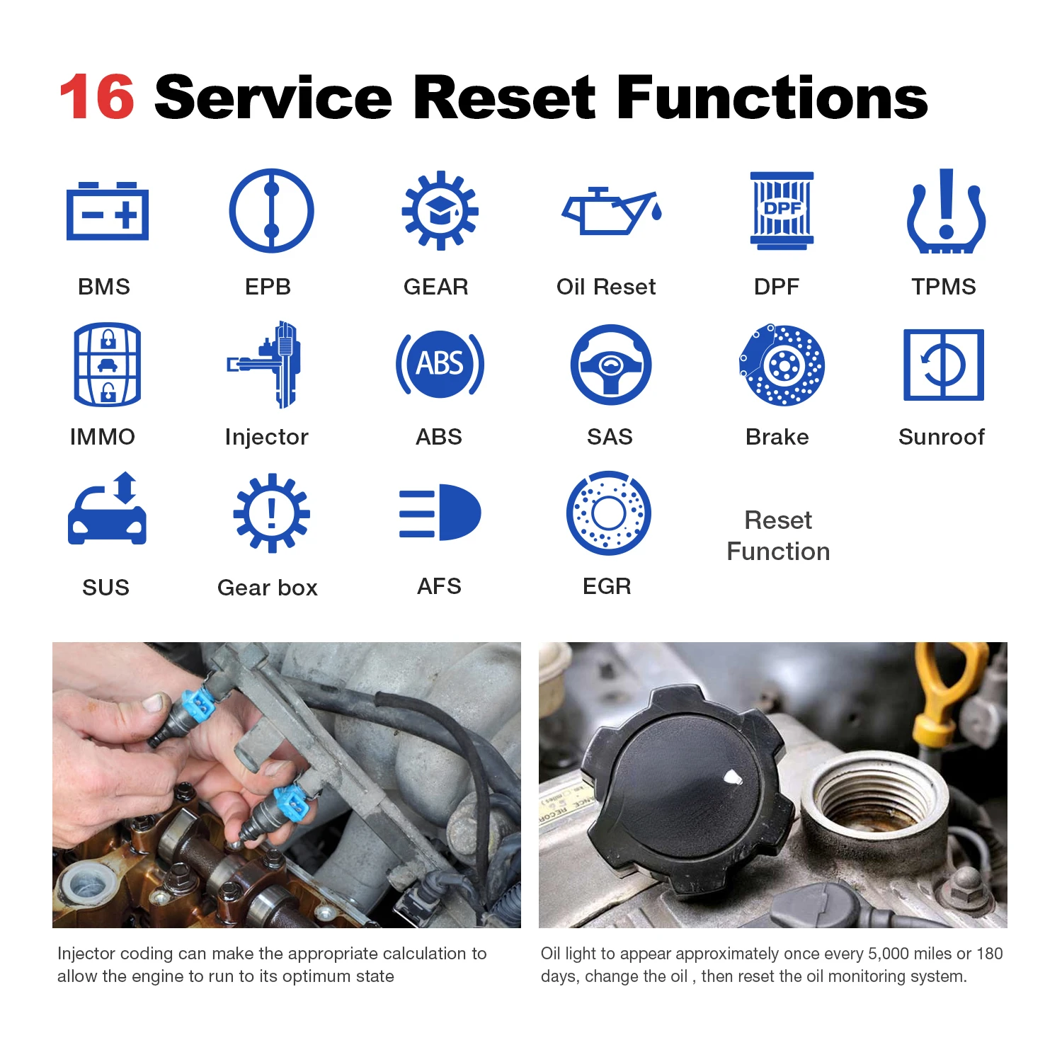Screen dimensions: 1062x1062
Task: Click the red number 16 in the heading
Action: [97, 97]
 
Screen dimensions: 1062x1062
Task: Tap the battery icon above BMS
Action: [108, 211]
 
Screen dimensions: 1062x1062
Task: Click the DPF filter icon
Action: [782, 210]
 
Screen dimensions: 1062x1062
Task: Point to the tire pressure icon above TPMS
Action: [947, 211]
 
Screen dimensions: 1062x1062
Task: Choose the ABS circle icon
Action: [440, 364]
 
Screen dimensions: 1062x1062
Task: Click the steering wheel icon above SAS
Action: [610, 365]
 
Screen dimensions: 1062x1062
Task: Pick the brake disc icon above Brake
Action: [782, 365]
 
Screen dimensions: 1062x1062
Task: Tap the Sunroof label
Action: [941, 437]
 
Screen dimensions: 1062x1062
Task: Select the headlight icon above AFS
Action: [440, 513]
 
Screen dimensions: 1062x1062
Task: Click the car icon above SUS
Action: [107, 508]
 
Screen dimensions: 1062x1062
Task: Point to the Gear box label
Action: [268, 588]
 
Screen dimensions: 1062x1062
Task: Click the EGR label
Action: [607, 586]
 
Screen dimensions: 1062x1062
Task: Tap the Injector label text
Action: [266, 438]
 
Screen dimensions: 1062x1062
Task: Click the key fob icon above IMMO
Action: [108, 365]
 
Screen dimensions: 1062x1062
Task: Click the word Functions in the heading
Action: [772, 97]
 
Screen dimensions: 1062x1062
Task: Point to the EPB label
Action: [268, 287]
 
